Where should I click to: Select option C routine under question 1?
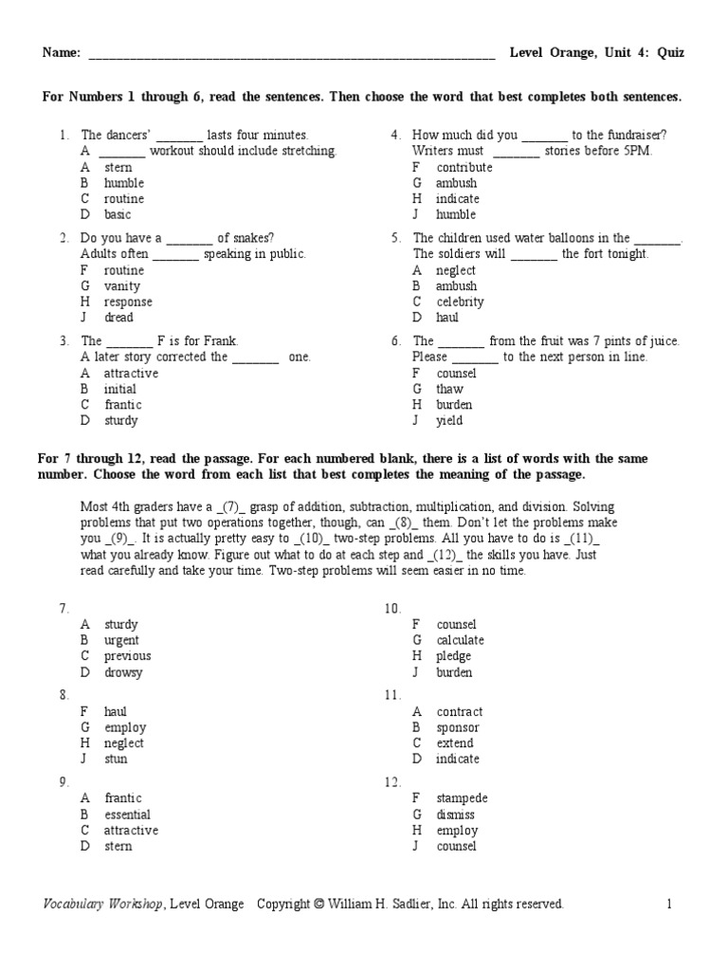[123, 199]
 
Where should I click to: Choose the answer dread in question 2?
[118, 318]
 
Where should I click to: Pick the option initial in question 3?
[120, 389]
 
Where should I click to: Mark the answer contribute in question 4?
[464, 167]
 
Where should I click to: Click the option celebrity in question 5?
[460, 302]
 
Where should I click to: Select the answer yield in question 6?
[449, 420]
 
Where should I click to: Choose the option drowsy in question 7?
[123, 672]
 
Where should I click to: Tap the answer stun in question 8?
[116, 759]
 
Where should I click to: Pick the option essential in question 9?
[127, 815]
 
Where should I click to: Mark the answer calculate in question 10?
[460, 640]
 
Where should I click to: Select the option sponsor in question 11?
[457, 727]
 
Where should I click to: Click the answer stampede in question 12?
[462, 798]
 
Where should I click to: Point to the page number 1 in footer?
[668, 904]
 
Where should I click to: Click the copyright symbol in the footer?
[318, 904]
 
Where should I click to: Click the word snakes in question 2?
[257, 238]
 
